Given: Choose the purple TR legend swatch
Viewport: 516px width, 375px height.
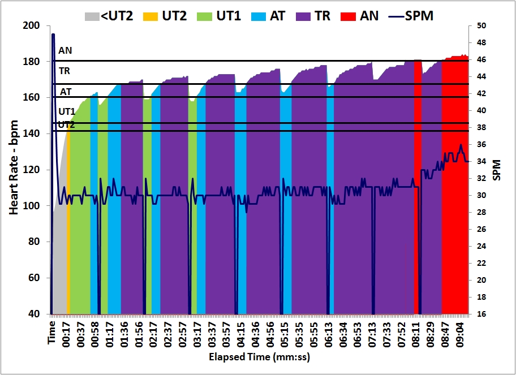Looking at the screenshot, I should (304, 16).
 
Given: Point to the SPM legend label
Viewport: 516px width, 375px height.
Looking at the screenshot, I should (420, 16).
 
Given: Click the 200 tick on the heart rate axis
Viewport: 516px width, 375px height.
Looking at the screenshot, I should (32, 25).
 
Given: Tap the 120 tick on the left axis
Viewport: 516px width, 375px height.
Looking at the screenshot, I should (32, 170).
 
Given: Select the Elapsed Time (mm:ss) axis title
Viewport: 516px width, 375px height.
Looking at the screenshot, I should (259, 357).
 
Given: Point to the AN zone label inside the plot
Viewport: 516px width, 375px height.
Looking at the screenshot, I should (65, 50).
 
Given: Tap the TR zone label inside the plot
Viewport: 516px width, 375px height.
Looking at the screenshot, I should (64, 71).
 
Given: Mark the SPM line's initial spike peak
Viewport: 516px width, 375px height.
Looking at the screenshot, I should (53, 35).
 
